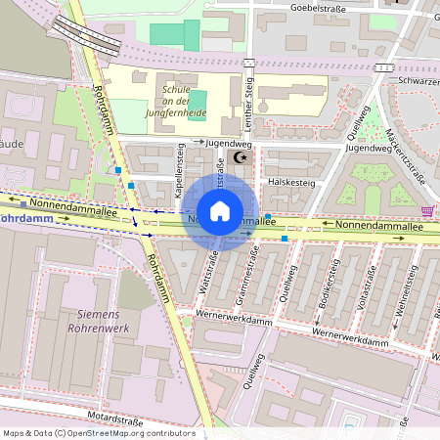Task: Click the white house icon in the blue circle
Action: coord(220,211)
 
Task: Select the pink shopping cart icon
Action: coord(427,211)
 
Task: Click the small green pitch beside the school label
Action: coord(198,101)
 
